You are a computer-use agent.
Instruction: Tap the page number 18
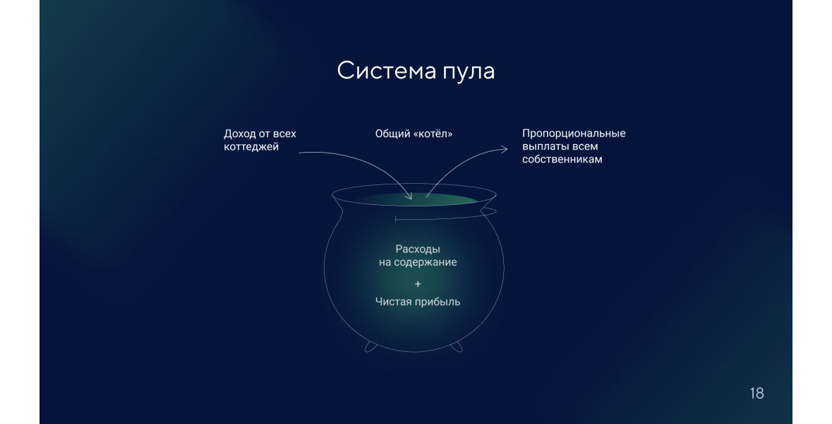[x=756, y=393]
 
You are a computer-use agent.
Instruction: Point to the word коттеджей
[x=251, y=147]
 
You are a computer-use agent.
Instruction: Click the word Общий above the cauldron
[x=392, y=134]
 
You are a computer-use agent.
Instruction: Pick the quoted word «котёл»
[x=433, y=134]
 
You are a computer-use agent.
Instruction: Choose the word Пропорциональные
[x=574, y=134]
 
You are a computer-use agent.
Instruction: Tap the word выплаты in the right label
[x=543, y=147]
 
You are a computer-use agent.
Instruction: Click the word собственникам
[x=562, y=160]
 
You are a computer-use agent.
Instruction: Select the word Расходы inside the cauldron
[x=418, y=249]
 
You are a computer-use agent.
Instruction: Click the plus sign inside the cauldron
[x=418, y=284]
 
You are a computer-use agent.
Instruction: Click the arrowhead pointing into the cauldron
[x=409, y=196]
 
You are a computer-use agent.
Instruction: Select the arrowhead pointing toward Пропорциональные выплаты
[x=503, y=150]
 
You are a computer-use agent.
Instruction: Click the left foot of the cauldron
[x=370, y=347]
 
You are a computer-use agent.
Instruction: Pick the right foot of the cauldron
[x=456, y=347]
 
